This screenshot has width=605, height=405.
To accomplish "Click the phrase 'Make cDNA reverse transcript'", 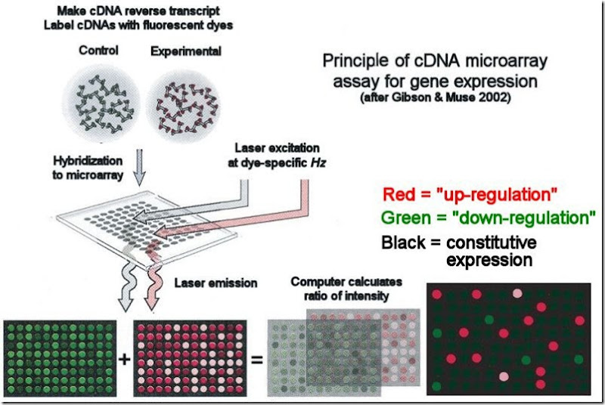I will click(141, 11).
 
